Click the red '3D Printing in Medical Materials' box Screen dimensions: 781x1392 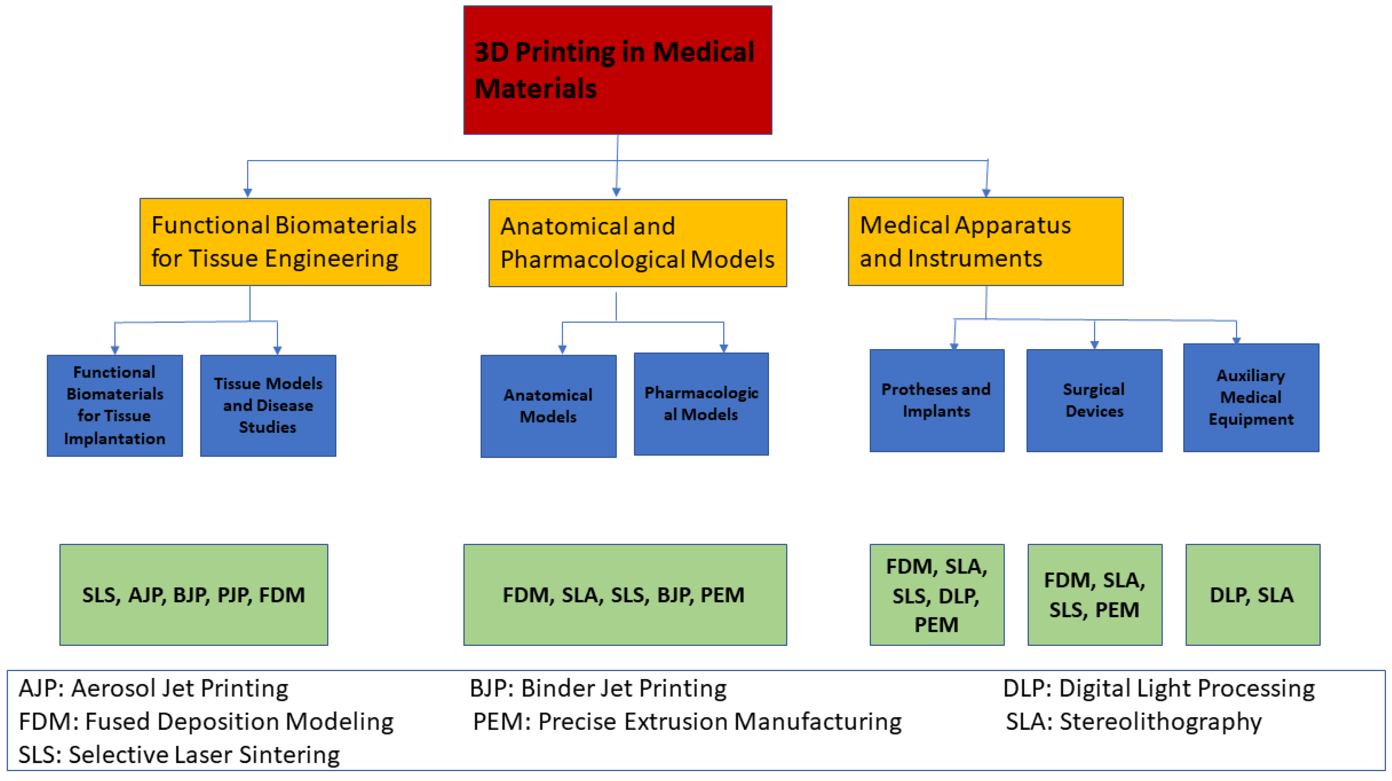618,70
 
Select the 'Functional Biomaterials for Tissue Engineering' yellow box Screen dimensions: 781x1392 285,242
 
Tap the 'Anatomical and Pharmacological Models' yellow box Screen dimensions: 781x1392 637,243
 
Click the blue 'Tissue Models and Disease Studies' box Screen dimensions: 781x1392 268,405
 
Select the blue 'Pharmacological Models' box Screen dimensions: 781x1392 701,404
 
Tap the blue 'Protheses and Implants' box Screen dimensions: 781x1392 937,400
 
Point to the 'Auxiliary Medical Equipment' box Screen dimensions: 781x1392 1251,398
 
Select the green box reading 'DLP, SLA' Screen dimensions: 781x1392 1252,594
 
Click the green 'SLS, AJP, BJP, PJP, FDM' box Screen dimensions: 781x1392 194,594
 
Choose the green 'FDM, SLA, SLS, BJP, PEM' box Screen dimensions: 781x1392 625,594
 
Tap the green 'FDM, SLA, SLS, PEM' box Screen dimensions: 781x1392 1094,594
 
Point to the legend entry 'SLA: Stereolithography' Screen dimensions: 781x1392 1133,721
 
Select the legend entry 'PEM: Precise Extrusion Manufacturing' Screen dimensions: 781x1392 687,721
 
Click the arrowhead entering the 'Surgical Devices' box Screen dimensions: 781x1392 1094,345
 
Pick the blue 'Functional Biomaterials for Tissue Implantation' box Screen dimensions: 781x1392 115,405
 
